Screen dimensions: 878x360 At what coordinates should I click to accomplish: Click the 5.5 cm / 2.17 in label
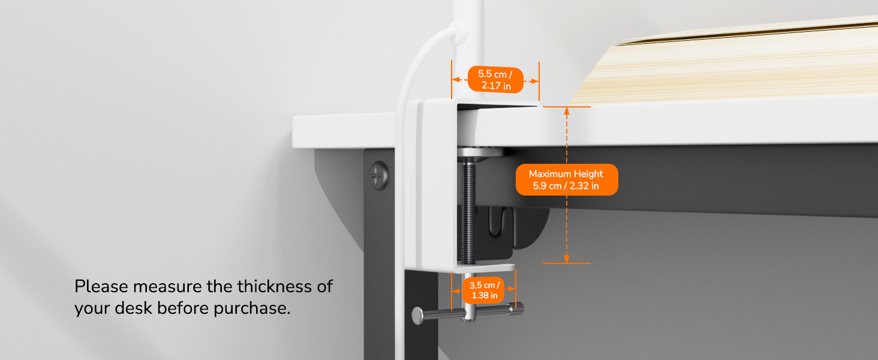495,80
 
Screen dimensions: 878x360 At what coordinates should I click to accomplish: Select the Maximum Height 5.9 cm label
566,179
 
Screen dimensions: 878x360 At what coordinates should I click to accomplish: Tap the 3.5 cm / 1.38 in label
485,290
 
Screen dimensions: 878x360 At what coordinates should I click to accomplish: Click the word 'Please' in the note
101,286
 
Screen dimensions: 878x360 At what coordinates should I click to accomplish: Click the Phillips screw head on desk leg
378,175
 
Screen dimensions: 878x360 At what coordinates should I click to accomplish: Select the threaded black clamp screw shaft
468,212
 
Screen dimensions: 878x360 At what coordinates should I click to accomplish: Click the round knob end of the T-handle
417,316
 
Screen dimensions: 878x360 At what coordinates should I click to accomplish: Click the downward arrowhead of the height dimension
566,259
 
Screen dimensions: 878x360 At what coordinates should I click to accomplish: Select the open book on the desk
725,63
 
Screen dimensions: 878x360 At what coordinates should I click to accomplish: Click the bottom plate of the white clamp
484,268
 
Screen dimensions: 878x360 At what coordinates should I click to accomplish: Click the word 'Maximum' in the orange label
547,174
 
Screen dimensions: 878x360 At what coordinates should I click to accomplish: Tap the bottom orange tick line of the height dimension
567,263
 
